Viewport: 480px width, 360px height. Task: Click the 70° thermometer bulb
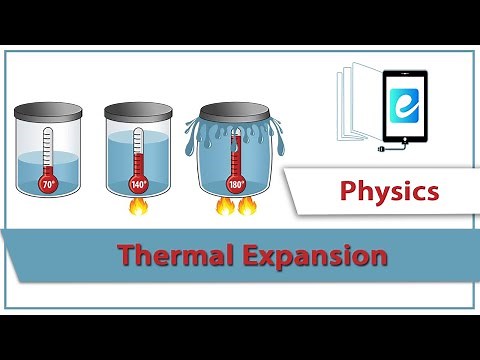pyautogui.click(x=48, y=184)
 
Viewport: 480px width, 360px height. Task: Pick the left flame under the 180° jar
pyautogui.click(x=224, y=208)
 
